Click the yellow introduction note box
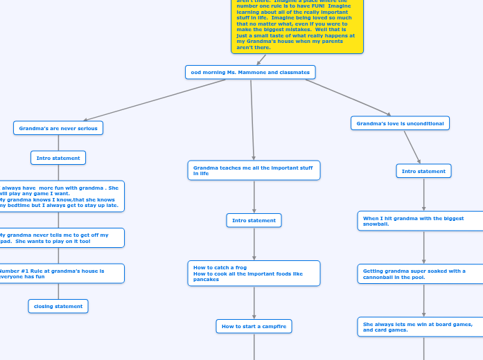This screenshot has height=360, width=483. tap(297, 28)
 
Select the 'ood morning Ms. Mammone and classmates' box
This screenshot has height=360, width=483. tap(250, 72)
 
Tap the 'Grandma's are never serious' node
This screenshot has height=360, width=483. tap(58, 128)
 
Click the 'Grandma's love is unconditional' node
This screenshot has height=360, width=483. tap(400, 123)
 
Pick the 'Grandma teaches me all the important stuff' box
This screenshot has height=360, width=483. tap(254, 170)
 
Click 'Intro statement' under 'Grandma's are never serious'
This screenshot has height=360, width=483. tap(58, 158)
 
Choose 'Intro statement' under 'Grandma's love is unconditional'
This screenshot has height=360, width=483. tap(423, 171)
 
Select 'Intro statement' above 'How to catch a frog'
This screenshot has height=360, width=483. tap(254, 220)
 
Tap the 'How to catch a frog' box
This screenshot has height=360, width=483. tap(254, 273)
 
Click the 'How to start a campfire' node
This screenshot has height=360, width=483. tap(254, 326)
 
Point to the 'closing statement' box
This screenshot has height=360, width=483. tap(58, 306)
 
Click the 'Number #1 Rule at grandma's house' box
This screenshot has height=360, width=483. tap(61, 273)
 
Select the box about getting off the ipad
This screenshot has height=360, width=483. tap(61, 238)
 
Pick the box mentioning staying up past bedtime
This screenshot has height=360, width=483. tap(61, 196)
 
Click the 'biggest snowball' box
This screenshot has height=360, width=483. tap(420, 221)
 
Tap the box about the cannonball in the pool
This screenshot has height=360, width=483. tap(420, 274)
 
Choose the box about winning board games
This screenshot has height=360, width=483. tap(420, 327)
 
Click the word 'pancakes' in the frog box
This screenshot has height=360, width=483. tap(206, 280)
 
